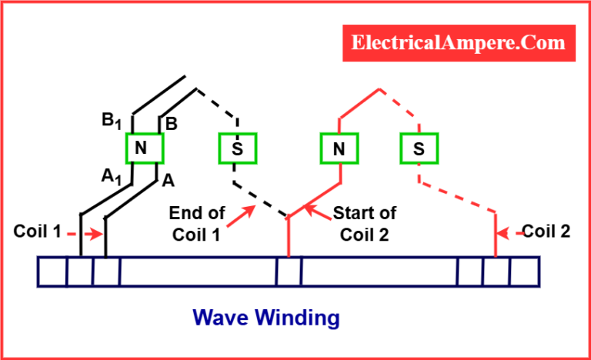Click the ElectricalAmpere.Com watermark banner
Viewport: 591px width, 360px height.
point(459,43)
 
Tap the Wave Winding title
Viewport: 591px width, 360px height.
point(266,318)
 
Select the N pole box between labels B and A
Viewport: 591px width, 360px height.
point(145,148)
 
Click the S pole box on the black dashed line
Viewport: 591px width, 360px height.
point(238,148)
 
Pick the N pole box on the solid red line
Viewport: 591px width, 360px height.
point(339,148)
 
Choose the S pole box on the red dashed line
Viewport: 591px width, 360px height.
point(419,148)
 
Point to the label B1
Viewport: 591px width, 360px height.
point(112,121)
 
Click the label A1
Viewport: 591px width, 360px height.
point(111,176)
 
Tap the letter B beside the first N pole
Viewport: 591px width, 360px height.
point(172,124)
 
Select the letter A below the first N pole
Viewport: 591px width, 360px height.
point(168,181)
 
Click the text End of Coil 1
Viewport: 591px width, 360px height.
point(197,224)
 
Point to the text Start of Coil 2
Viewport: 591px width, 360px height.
point(365,224)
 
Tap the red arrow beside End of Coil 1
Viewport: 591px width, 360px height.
point(241,216)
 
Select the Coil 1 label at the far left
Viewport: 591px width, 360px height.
point(37,231)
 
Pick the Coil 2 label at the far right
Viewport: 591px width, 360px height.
point(546,232)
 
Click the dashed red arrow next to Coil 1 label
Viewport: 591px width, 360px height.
point(85,235)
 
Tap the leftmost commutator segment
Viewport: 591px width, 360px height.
point(52,272)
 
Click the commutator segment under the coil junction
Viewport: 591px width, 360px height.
point(289,272)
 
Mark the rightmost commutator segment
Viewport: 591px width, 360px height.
point(525,272)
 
